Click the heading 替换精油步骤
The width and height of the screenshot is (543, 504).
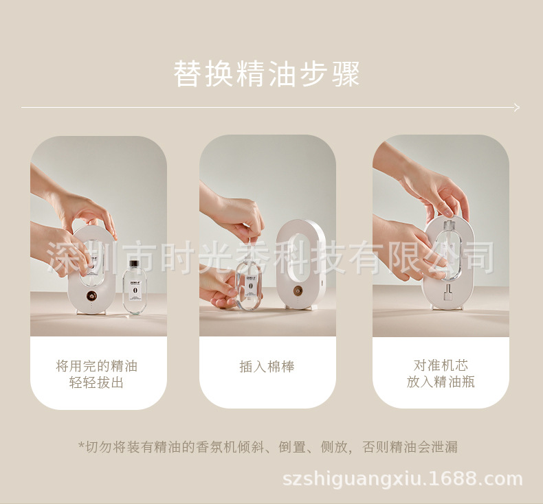coord(267,74)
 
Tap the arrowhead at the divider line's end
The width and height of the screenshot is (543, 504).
coord(516,107)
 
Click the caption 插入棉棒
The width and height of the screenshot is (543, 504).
coord(267,367)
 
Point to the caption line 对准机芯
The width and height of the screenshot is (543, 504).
coord(441,365)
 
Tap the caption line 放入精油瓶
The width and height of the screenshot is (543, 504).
coord(441,382)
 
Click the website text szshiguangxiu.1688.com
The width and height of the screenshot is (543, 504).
coord(403,479)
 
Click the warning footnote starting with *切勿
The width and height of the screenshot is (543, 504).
coord(267,447)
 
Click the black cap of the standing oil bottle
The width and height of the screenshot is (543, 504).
coord(133,264)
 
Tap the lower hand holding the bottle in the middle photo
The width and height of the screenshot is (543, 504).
coord(220,288)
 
